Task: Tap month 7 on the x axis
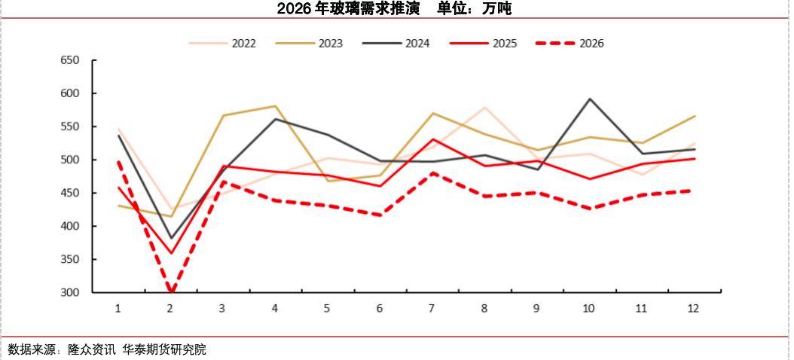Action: tap(432, 308)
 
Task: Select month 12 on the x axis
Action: tap(693, 308)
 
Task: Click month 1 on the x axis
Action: tap(118, 308)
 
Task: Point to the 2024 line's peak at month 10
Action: tap(589, 99)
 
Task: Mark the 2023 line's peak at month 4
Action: tap(275, 106)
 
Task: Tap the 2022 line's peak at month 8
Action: tap(484, 107)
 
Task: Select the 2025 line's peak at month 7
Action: tap(432, 139)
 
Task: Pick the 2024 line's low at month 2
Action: tap(171, 238)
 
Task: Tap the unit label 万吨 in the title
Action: tap(498, 9)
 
